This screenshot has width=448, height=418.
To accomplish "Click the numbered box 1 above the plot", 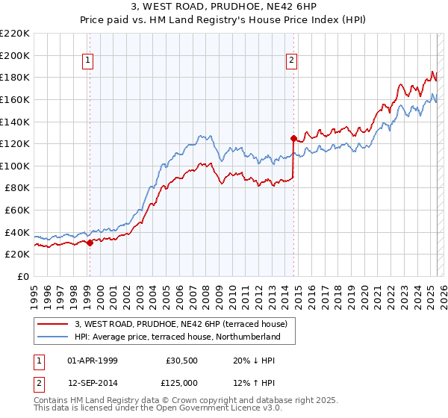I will (88, 61).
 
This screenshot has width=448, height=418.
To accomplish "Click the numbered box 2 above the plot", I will (291, 61).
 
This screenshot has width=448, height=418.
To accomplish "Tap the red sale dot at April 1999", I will (90, 243).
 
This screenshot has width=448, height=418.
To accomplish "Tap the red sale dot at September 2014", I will (293, 138).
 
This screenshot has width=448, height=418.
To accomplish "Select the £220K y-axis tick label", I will (15, 34).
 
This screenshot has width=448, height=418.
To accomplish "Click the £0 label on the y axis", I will (22, 276).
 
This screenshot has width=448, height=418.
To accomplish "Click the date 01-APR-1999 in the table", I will (92, 360).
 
